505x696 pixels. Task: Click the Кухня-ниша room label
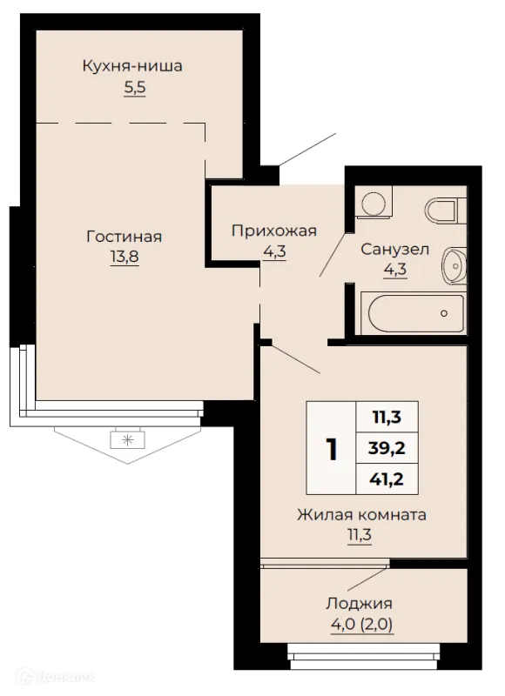click(x=132, y=66)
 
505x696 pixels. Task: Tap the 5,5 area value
click(x=135, y=88)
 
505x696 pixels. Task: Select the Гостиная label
click(x=124, y=236)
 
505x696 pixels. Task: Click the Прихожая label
click(x=274, y=231)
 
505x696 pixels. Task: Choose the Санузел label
click(x=394, y=249)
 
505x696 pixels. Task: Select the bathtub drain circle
click(x=444, y=313)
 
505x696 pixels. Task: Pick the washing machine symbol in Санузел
click(x=374, y=202)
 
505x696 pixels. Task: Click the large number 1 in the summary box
click(x=332, y=449)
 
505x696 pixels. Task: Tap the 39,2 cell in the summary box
click(x=387, y=448)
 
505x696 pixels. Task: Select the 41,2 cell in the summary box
click(x=387, y=479)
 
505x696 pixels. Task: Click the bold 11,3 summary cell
click(x=387, y=418)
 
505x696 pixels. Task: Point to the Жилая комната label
click(x=362, y=515)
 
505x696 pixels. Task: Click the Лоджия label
click(x=360, y=604)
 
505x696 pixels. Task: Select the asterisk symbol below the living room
click(x=127, y=440)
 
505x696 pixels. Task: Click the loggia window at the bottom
click(x=363, y=656)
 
